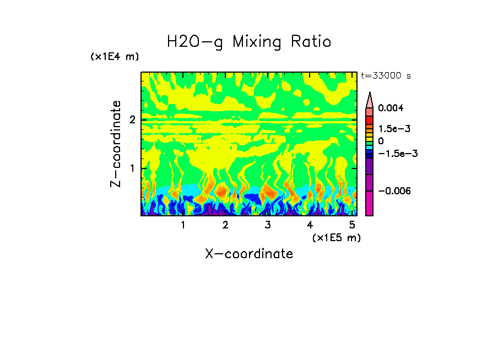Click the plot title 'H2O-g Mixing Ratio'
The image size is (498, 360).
[249, 42]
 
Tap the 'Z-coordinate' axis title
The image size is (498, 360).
[116, 144]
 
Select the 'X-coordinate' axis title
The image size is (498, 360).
[249, 254]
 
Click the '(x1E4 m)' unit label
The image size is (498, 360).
[115, 57]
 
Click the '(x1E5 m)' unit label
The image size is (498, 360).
[336, 237]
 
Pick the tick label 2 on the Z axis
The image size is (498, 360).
[132, 119]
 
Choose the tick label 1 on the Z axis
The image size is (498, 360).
[132, 168]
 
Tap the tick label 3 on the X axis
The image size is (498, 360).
[267, 225]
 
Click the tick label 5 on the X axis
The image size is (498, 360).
[352, 225]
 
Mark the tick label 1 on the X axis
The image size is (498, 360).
[183, 225]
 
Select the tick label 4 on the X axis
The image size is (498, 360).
[310, 225]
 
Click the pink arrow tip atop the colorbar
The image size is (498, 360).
[370, 99]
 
